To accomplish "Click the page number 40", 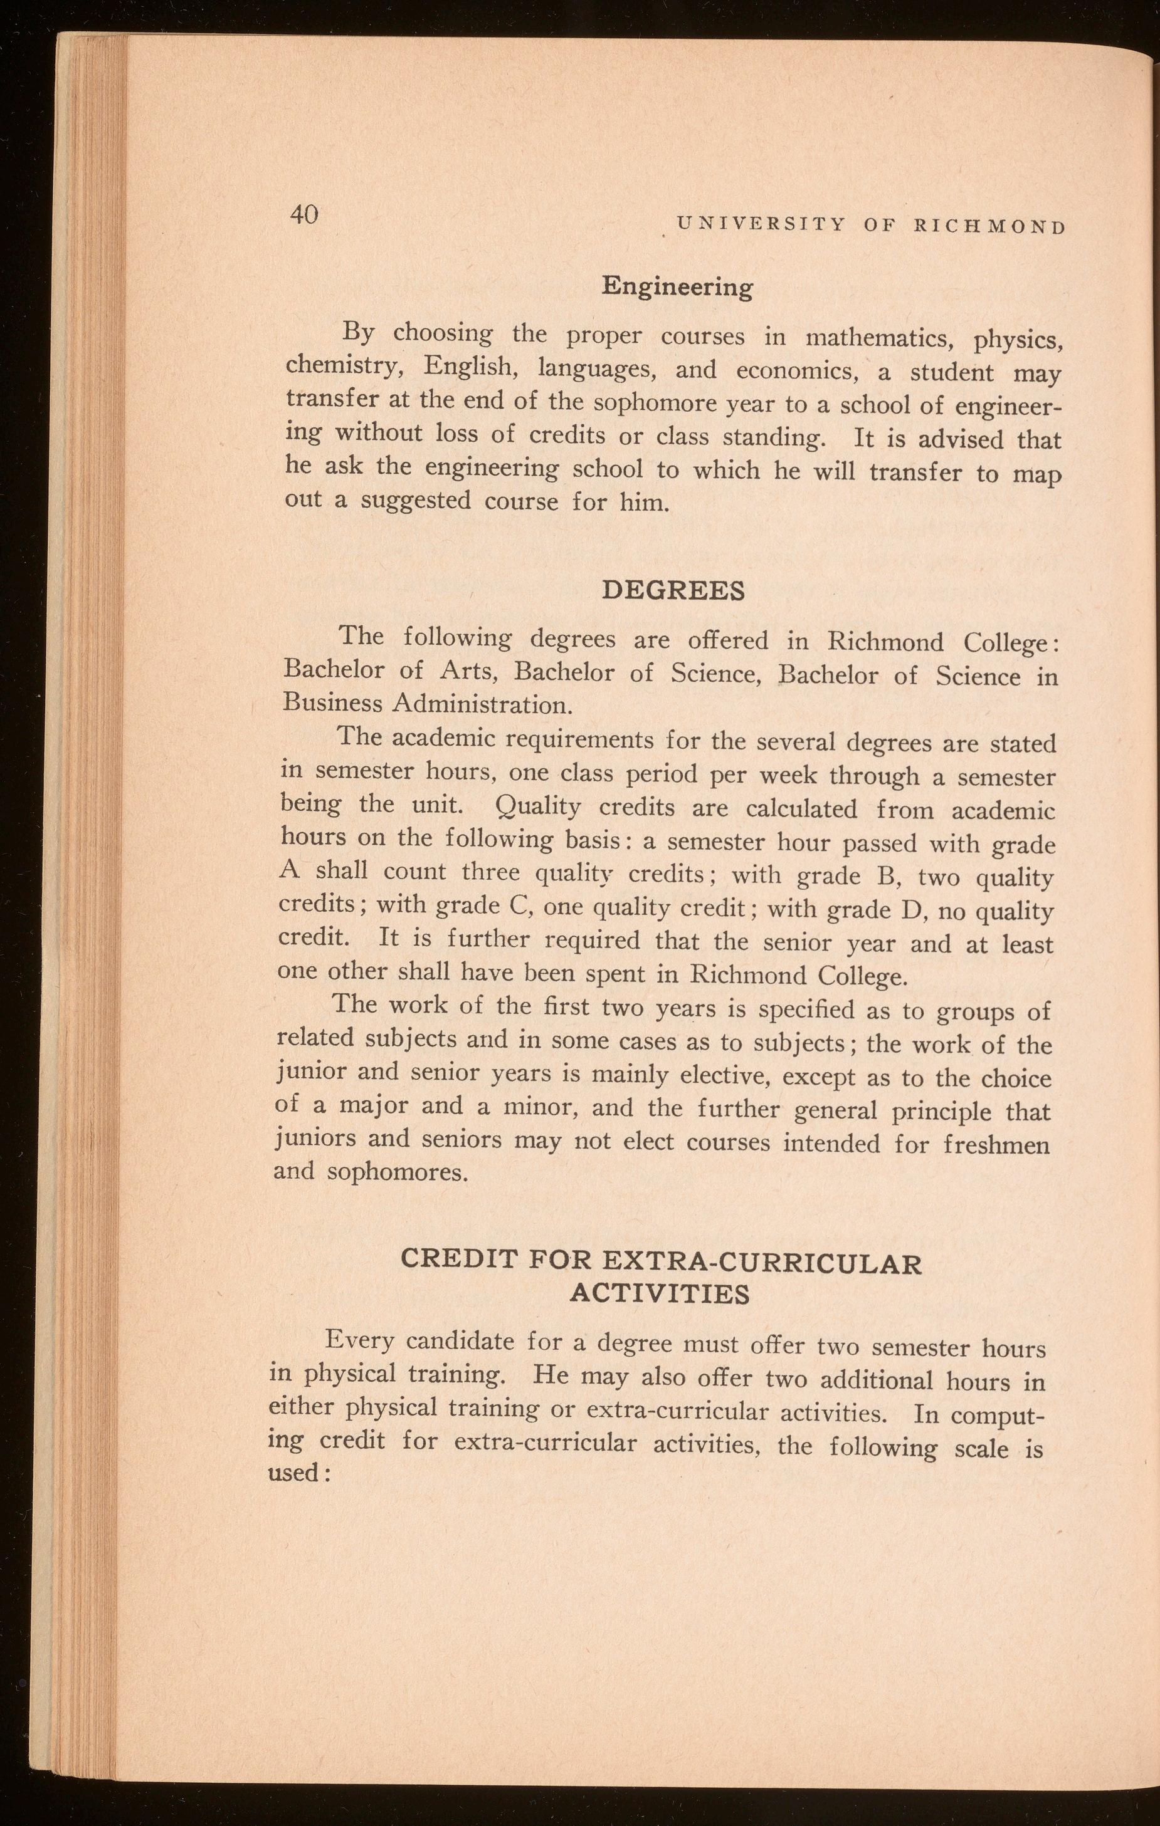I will click(x=305, y=214).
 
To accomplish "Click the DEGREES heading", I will click(x=673, y=592).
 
